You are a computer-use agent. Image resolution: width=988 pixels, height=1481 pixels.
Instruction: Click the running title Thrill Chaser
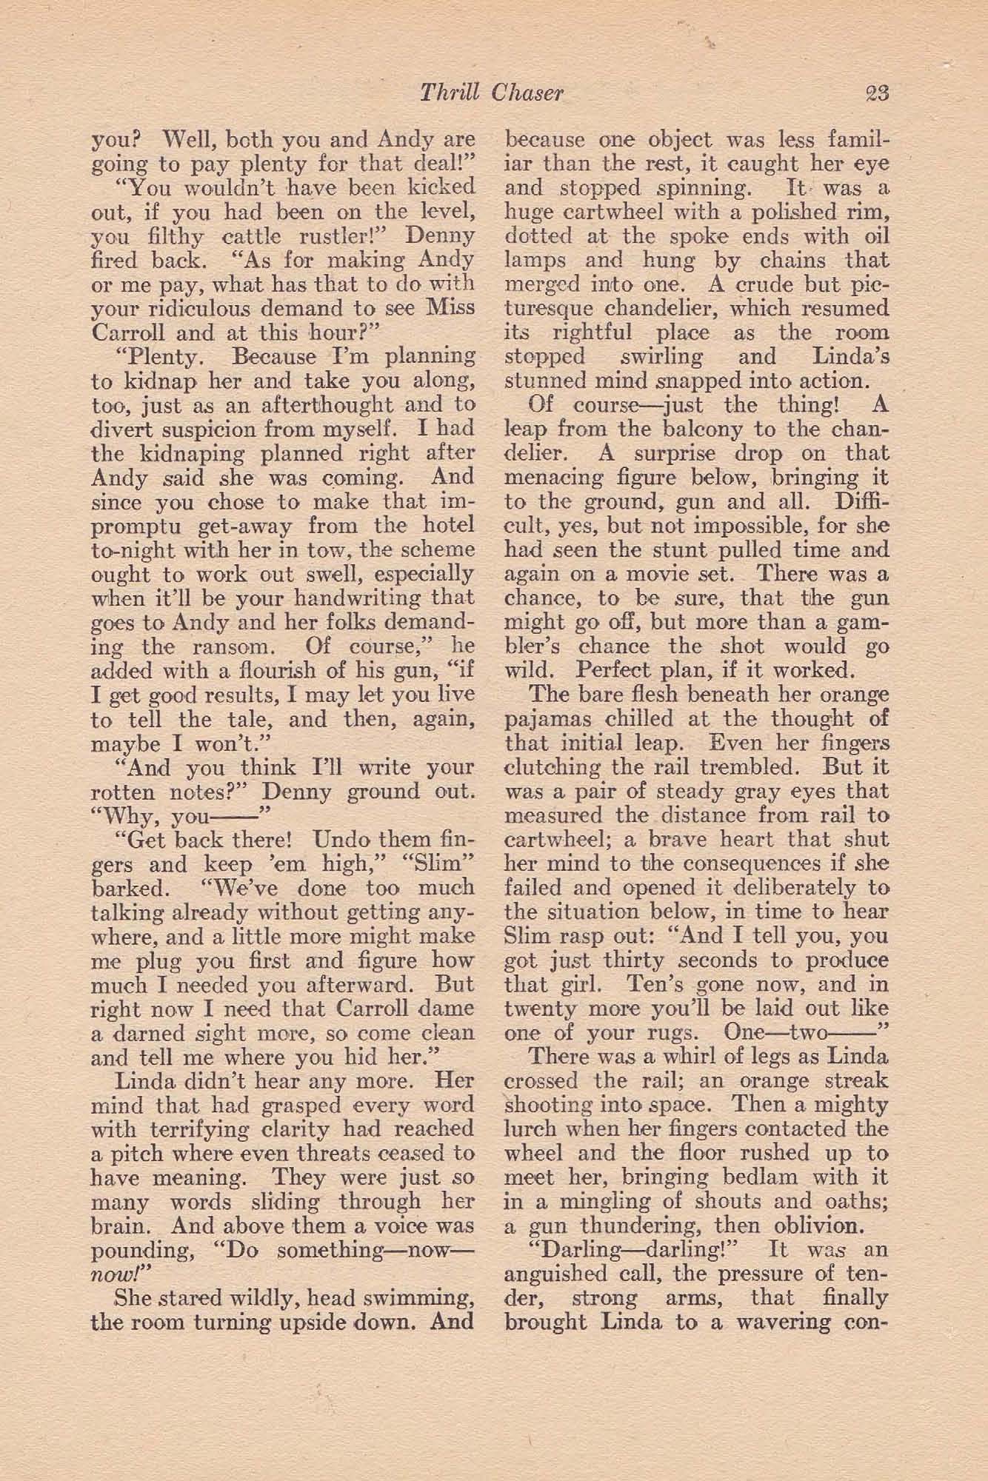(492, 94)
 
